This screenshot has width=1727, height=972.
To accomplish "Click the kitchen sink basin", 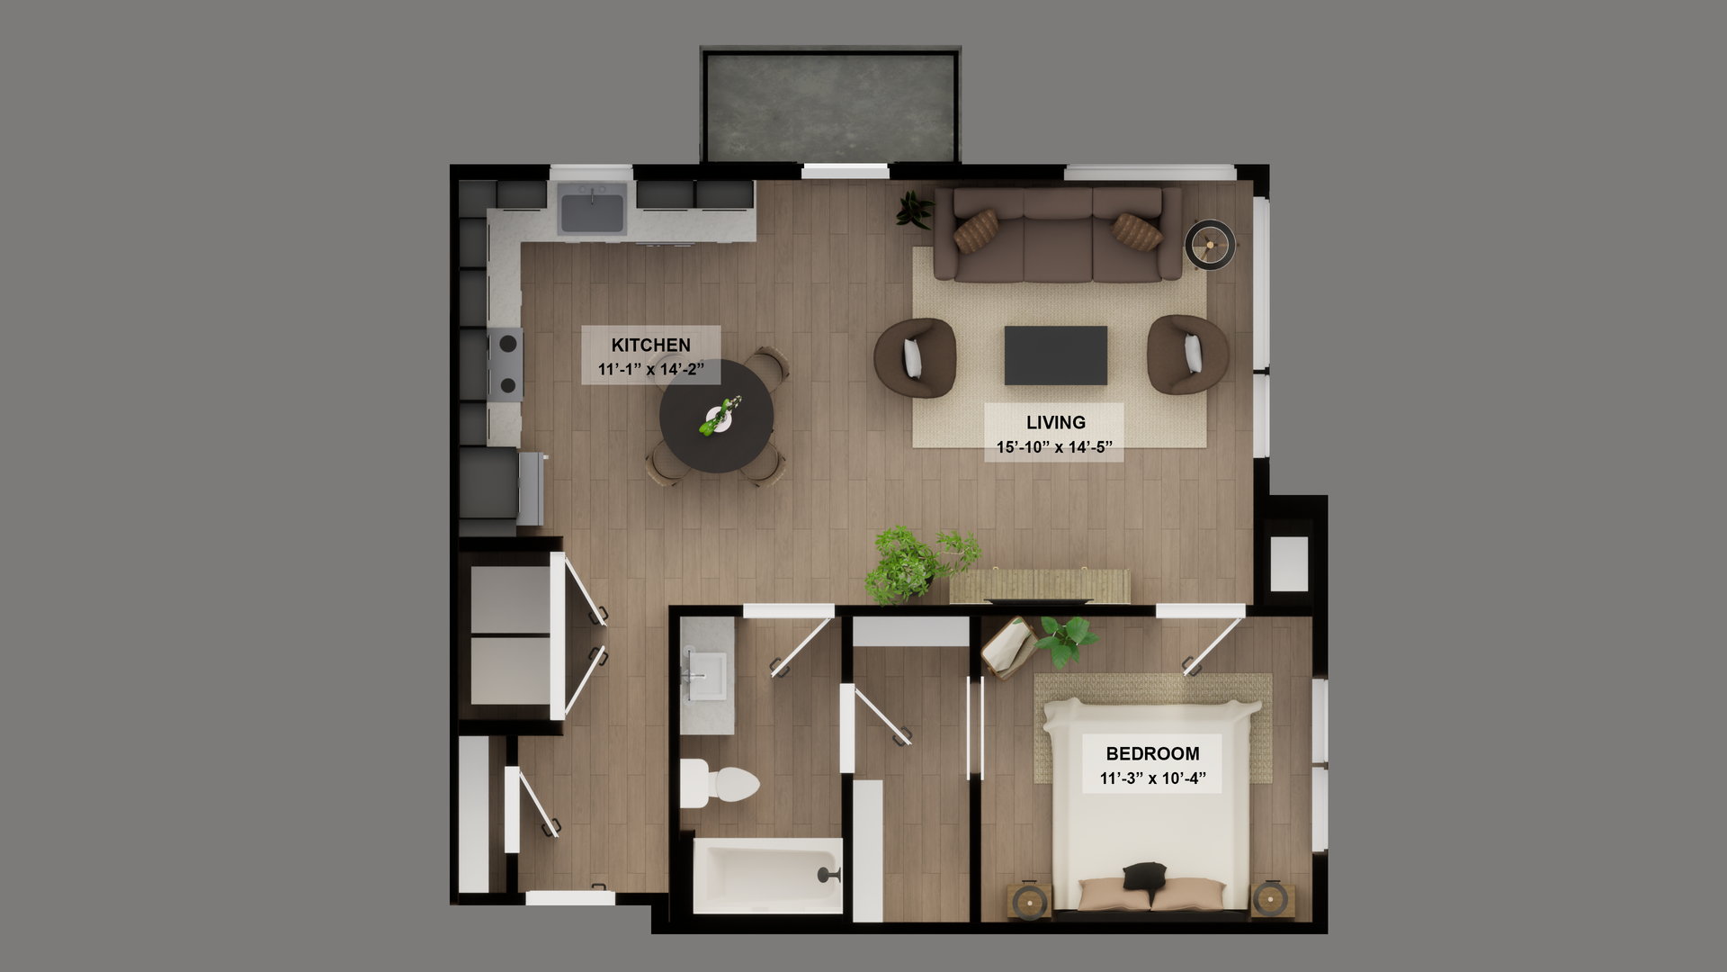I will (x=592, y=211).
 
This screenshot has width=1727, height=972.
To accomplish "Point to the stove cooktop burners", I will (x=506, y=364).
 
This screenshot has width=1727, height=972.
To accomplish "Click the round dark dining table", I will (x=716, y=417).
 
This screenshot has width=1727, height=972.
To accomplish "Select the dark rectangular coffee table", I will (x=1055, y=355).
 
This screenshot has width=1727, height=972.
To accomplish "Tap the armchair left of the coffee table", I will (x=914, y=357).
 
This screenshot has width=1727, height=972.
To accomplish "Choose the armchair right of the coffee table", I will (x=1187, y=355).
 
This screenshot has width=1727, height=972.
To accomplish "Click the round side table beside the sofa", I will (x=1209, y=244).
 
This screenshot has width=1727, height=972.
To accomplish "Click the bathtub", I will (x=766, y=876).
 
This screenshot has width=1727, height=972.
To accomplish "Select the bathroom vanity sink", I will (x=706, y=675).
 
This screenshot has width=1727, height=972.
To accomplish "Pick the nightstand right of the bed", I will (x=1272, y=898).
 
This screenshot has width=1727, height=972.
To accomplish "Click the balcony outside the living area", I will (x=829, y=106).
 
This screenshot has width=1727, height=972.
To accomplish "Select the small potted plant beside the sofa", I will (x=914, y=209).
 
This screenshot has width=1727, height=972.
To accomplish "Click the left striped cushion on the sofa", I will (x=976, y=230).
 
